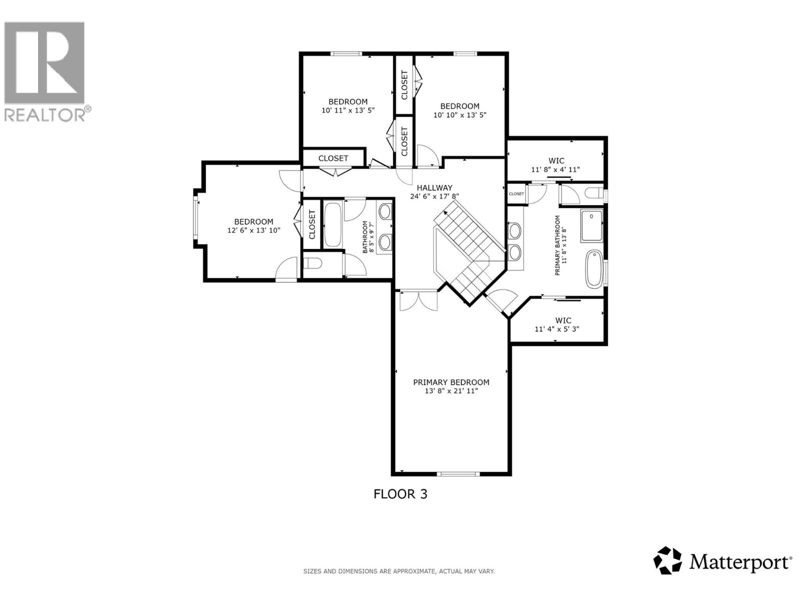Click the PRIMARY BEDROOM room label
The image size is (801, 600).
tap(451, 382)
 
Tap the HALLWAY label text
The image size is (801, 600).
tap(435, 188)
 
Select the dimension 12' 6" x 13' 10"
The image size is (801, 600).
tap(253, 230)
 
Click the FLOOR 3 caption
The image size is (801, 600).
tap(400, 494)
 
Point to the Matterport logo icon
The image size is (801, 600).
tap(668, 560)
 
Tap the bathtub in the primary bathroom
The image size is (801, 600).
tap(594, 268)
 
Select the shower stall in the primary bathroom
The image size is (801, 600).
tap(592, 225)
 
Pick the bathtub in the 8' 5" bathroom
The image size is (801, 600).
tap(333, 224)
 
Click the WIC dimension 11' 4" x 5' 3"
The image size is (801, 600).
tap(557, 329)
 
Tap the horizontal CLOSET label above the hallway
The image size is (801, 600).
tap(333, 158)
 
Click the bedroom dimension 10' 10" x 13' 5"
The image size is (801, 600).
tap(460, 115)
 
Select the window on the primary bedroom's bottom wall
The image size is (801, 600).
tap(458, 473)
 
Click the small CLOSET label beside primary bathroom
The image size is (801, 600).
tap(516, 194)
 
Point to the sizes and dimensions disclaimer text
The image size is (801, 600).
tap(399, 571)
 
